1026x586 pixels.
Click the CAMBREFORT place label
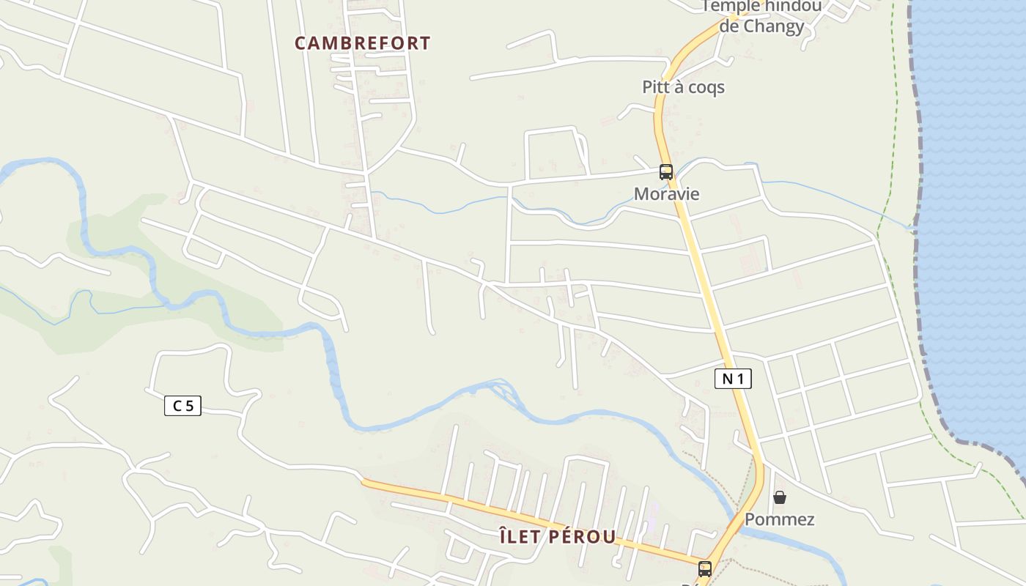tap(362, 43)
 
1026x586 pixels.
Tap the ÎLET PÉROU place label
tap(558, 536)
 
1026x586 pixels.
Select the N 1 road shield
tap(733, 379)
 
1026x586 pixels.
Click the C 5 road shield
tap(182, 405)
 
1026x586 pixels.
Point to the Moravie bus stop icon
tap(665, 172)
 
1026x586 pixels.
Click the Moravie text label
tap(666, 194)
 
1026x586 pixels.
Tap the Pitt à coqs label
tap(683, 87)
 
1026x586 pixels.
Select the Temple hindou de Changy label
tap(761, 16)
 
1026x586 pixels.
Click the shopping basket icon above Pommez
tap(780, 497)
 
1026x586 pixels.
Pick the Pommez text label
tap(779, 519)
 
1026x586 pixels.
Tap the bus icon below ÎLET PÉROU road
tap(704, 568)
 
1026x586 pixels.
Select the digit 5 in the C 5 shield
tap(189, 405)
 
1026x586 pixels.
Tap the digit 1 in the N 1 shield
tap(740, 379)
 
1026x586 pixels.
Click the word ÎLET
tap(520, 536)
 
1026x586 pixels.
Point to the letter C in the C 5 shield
tap(177, 405)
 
